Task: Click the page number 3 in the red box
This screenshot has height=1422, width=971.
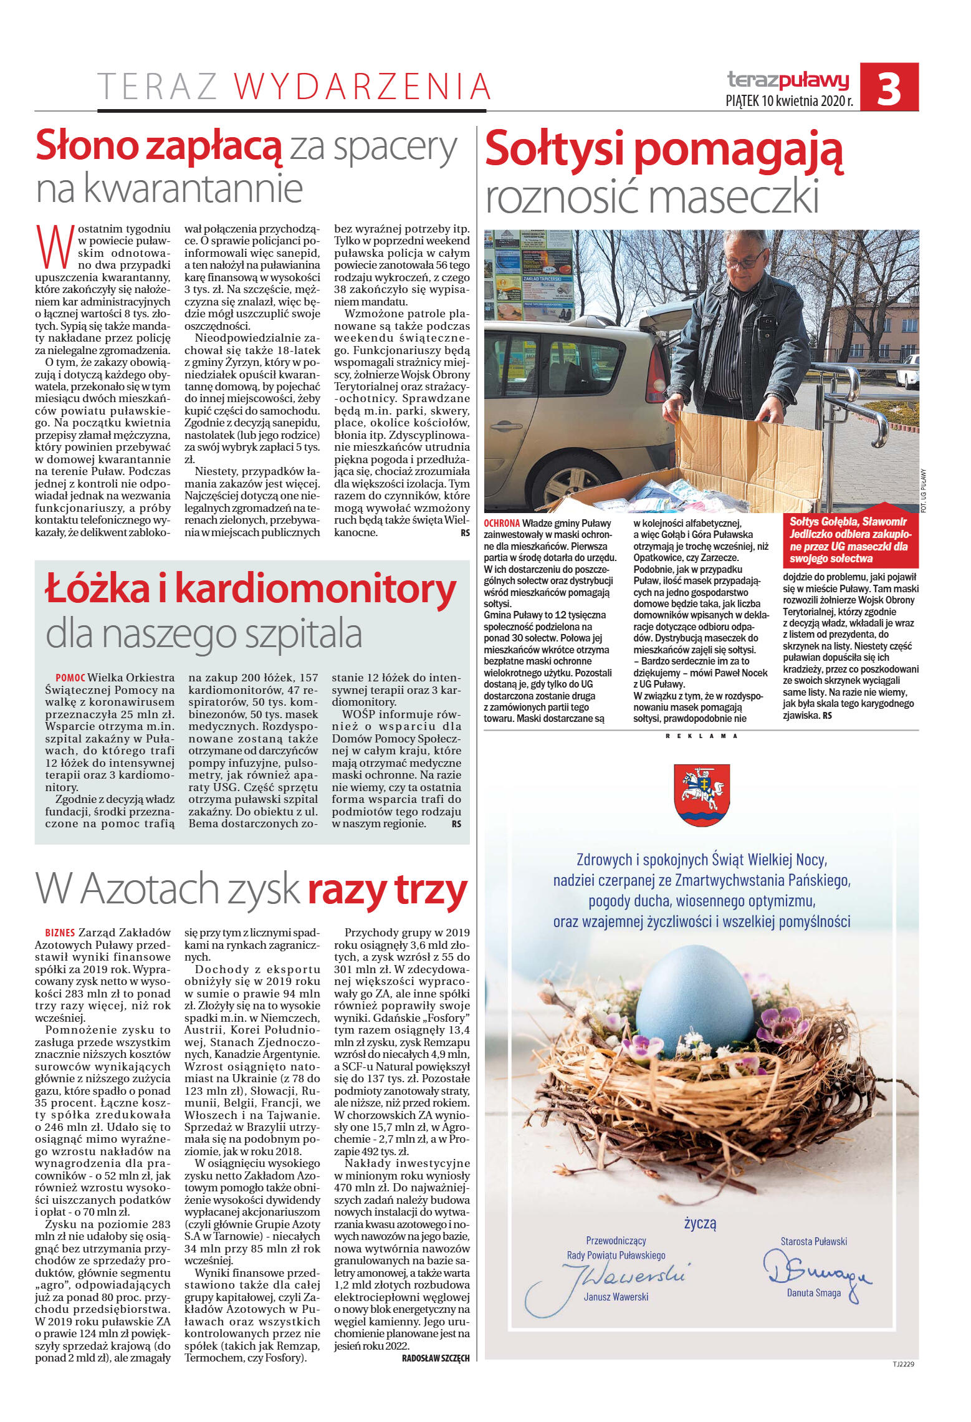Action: point(889,88)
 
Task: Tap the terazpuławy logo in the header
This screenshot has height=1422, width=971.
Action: point(788,80)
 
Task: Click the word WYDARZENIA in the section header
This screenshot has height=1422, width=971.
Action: point(363,87)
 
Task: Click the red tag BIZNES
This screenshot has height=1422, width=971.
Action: point(60,933)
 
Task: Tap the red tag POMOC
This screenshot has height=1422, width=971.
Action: point(70,678)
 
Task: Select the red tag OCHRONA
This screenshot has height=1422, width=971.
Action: point(501,524)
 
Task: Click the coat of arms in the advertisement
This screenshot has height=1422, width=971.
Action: point(701,795)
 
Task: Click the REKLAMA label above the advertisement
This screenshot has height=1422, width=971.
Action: point(701,736)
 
